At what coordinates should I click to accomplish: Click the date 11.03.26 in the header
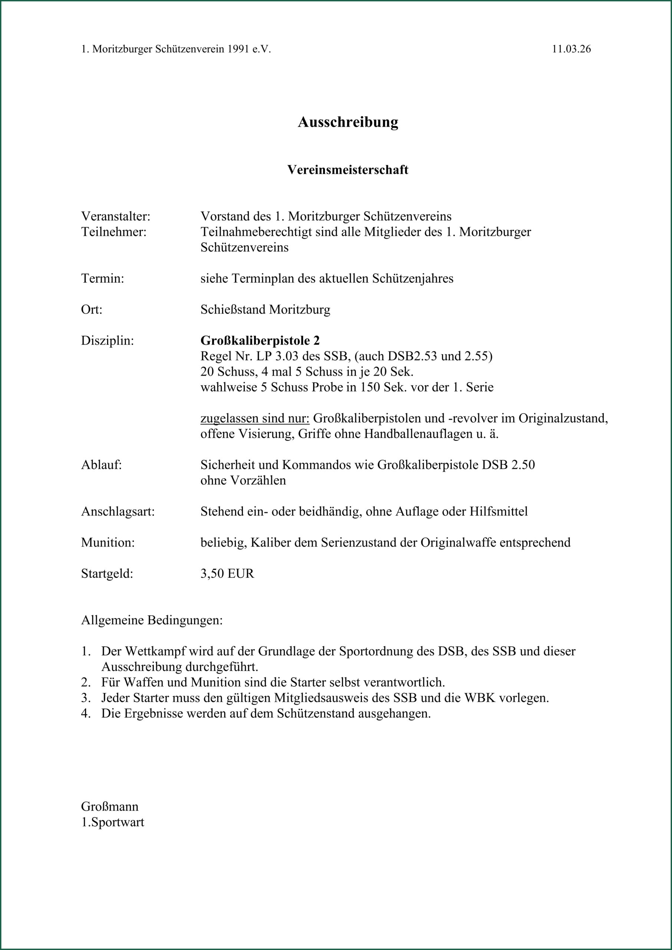pos(571,49)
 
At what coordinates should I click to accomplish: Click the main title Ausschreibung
pos(347,122)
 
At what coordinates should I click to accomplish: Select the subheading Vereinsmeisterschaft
pos(347,170)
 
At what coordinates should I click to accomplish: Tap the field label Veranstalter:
pos(115,216)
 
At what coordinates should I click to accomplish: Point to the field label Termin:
pos(103,278)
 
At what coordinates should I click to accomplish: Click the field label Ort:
pos(92,309)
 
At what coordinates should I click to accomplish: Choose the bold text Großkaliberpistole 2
pos(260,341)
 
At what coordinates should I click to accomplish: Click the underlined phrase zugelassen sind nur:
pos(255,418)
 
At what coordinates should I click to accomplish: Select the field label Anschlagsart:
pos(118,512)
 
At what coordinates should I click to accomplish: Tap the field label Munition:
pos(108,542)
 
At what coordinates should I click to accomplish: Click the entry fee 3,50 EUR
pos(227,574)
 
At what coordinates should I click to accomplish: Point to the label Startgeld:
pos(107,574)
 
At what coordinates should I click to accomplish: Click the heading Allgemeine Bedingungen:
pos(151,620)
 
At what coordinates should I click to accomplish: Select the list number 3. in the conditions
pos(86,698)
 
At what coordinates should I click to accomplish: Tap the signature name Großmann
pos(110,806)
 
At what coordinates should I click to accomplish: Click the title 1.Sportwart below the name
pos(112,822)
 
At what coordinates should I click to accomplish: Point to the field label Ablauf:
pos(101,465)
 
